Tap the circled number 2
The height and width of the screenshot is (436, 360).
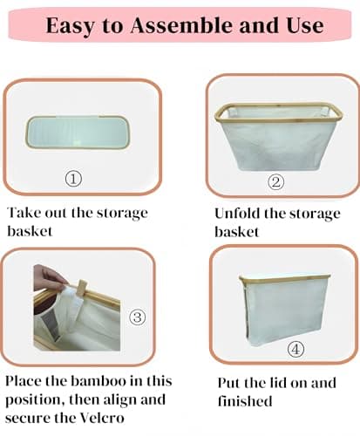coord(276,182)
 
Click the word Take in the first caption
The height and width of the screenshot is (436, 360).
coord(23,213)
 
